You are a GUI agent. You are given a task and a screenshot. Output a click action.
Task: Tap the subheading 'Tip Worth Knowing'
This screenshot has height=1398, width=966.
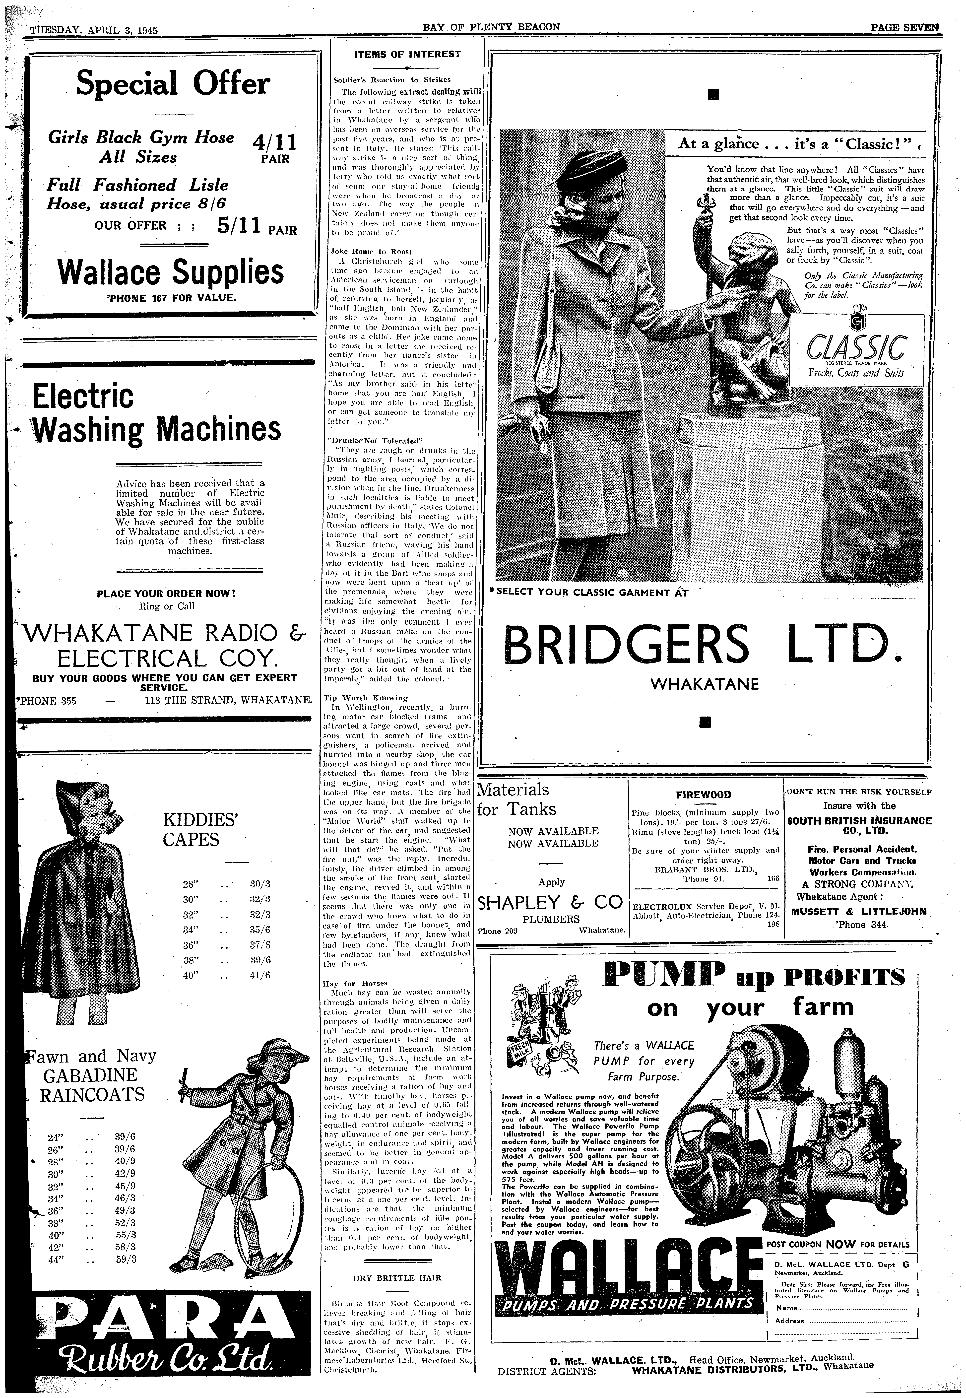(366, 697)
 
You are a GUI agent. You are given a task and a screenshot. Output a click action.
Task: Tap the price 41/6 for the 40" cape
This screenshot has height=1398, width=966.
(260, 975)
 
